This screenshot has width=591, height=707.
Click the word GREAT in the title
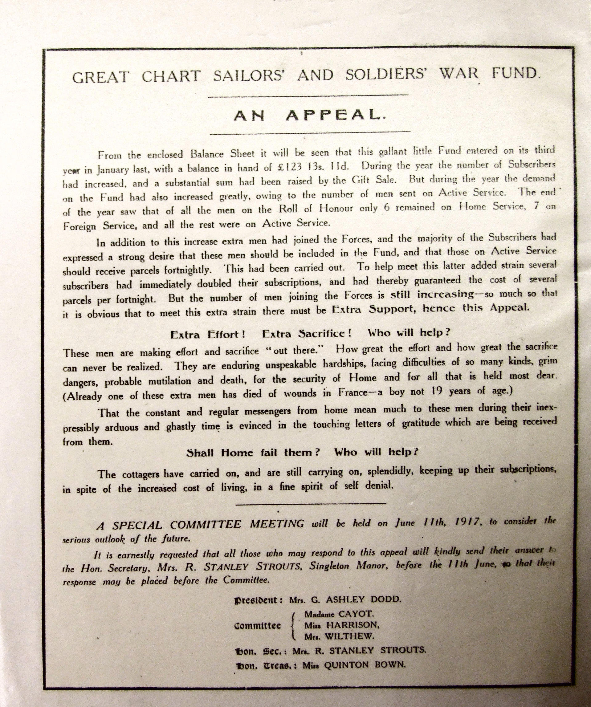pos(101,77)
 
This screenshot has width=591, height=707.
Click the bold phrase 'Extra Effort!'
pos(207,335)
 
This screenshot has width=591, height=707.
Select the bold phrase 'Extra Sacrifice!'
pos(307,334)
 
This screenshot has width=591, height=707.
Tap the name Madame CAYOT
pos(339,614)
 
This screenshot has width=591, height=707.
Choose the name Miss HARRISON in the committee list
pos(342,625)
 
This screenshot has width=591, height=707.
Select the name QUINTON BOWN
pos(365,664)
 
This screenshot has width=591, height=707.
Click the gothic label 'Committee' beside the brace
pos(257,626)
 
